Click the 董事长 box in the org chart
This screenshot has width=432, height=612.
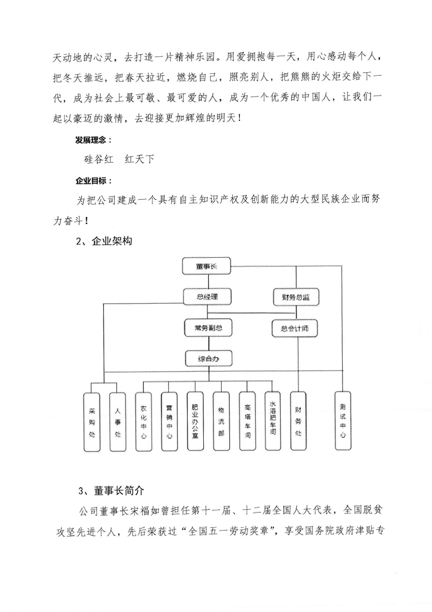[x=206, y=266]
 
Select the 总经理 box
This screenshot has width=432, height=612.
[x=207, y=297]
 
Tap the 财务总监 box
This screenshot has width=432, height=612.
[x=296, y=297]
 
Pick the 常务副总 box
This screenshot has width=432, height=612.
[x=208, y=328]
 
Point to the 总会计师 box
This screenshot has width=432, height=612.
[x=295, y=328]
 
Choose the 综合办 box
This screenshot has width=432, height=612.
[x=208, y=358]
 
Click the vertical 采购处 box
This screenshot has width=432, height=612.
[x=92, y=422]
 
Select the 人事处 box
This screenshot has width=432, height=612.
[x=118, y=422]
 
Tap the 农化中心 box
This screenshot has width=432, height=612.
[x=143, y=422]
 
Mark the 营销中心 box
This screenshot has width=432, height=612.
[x=169, y=422]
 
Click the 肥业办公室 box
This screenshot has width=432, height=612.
[x=195, y=421]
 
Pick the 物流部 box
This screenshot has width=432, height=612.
[x=221, y=421]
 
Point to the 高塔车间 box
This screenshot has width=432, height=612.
[x=248, y=421]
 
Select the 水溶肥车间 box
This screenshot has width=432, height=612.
[x=273, y=421]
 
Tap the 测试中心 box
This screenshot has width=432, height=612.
[x=343, y=421]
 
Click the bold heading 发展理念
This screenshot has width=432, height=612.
[x=91, y=140]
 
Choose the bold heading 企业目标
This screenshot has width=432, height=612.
[x=91, y=181]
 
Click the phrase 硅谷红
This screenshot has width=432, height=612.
[x=99, y=159]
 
